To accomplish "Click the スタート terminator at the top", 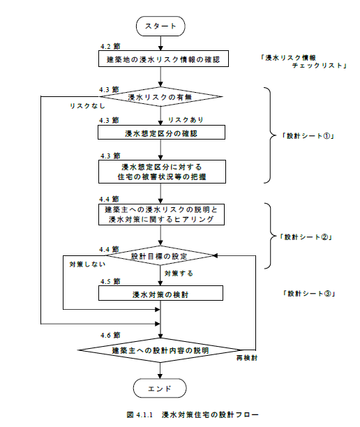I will click(x=162, y=27).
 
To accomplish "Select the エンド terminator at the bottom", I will click(x=161, y=387).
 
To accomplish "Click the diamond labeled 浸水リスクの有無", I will click(x=160, y=98).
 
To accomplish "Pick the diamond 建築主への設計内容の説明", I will click(x=160, y=349).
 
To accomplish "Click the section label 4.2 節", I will click(x=110, y=47).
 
